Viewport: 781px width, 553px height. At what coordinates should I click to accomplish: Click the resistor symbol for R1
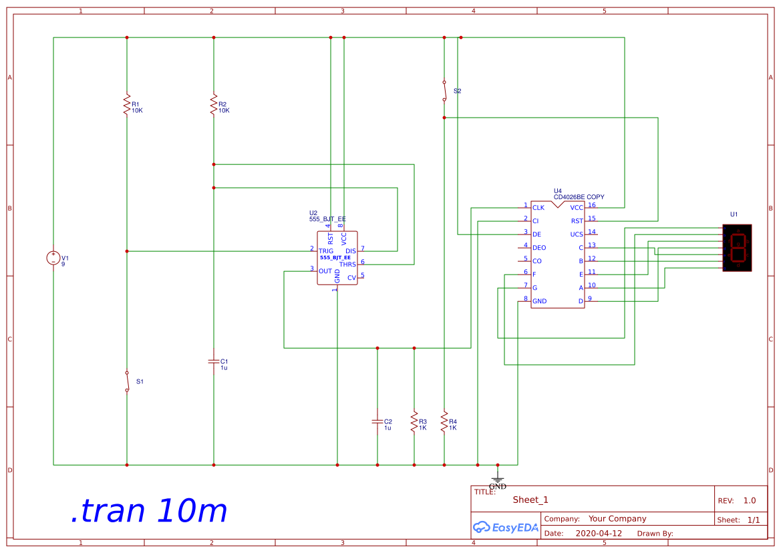pyautogui.click(x=126, y=105)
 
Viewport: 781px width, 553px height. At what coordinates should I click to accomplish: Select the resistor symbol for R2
pyautogui.click(x=213, y=105)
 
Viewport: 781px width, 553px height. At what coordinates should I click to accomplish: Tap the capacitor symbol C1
pyautogui.click(x=213, y=361)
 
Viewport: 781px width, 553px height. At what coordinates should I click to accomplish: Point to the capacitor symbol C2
pyautogui.click(x=377, y=421)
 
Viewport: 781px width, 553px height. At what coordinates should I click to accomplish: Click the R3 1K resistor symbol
pyautogui.click(x=414, y=421)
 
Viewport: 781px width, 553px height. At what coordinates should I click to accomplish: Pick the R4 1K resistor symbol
pyautogui.click(x=444, y=421)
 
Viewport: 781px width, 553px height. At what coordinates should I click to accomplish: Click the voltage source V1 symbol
pyautogui.click(x=53, y=258)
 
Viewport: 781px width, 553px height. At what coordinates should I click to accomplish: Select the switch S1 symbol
pyautogui.click(x=127, y=381)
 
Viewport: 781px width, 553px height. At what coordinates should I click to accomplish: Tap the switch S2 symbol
pyautogui.click(x=444, y=91)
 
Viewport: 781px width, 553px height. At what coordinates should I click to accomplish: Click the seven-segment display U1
pyautogui.click(x=737, y=248)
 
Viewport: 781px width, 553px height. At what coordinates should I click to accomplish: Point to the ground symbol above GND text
pyautogui.click(x=497, y=477)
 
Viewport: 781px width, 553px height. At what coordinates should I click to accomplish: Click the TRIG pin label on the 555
pyautogui.click(x=326, y=251)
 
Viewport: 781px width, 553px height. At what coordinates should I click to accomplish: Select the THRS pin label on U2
pyautogui.click(x=347, y=264)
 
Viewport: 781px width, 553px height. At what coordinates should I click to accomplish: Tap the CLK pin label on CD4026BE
pyautogui.click(x=538, y=208)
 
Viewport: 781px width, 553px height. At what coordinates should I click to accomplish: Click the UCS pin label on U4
pyautogui.click(x=577, y=234)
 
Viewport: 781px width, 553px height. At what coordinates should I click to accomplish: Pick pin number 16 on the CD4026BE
pyautogui.click(x=592, y=205)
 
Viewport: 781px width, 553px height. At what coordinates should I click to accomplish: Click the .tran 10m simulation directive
pyautogui.click(x=148, y=511)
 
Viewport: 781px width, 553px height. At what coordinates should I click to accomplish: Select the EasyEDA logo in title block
pyautogui.click(x=505, y=527)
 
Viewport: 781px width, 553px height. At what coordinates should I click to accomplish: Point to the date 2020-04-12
pyautogui.click(x=598, y=534)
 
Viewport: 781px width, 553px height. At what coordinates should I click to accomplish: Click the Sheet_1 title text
pyautogui.click(x=530, y=500)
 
